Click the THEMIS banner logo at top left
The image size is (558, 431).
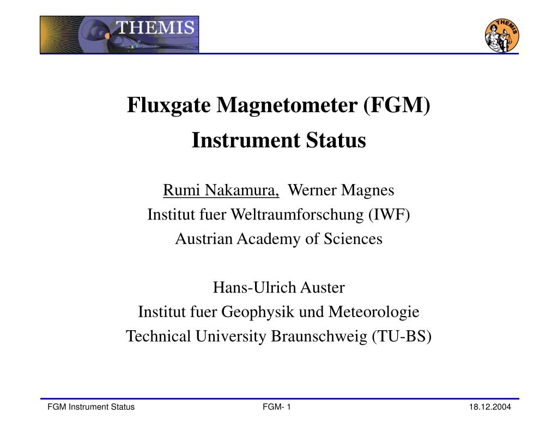click(x=119, y=34)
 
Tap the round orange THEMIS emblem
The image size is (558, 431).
click(x=501, y=35)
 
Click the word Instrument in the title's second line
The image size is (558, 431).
click(x=238, y=141)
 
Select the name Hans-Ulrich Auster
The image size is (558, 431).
click(x=278, y=287)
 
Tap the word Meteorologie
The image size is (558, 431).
click(x=374, y=312)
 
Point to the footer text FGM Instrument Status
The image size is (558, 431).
click(x=91, y=408)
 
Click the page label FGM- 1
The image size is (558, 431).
click(x=277, y=408)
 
